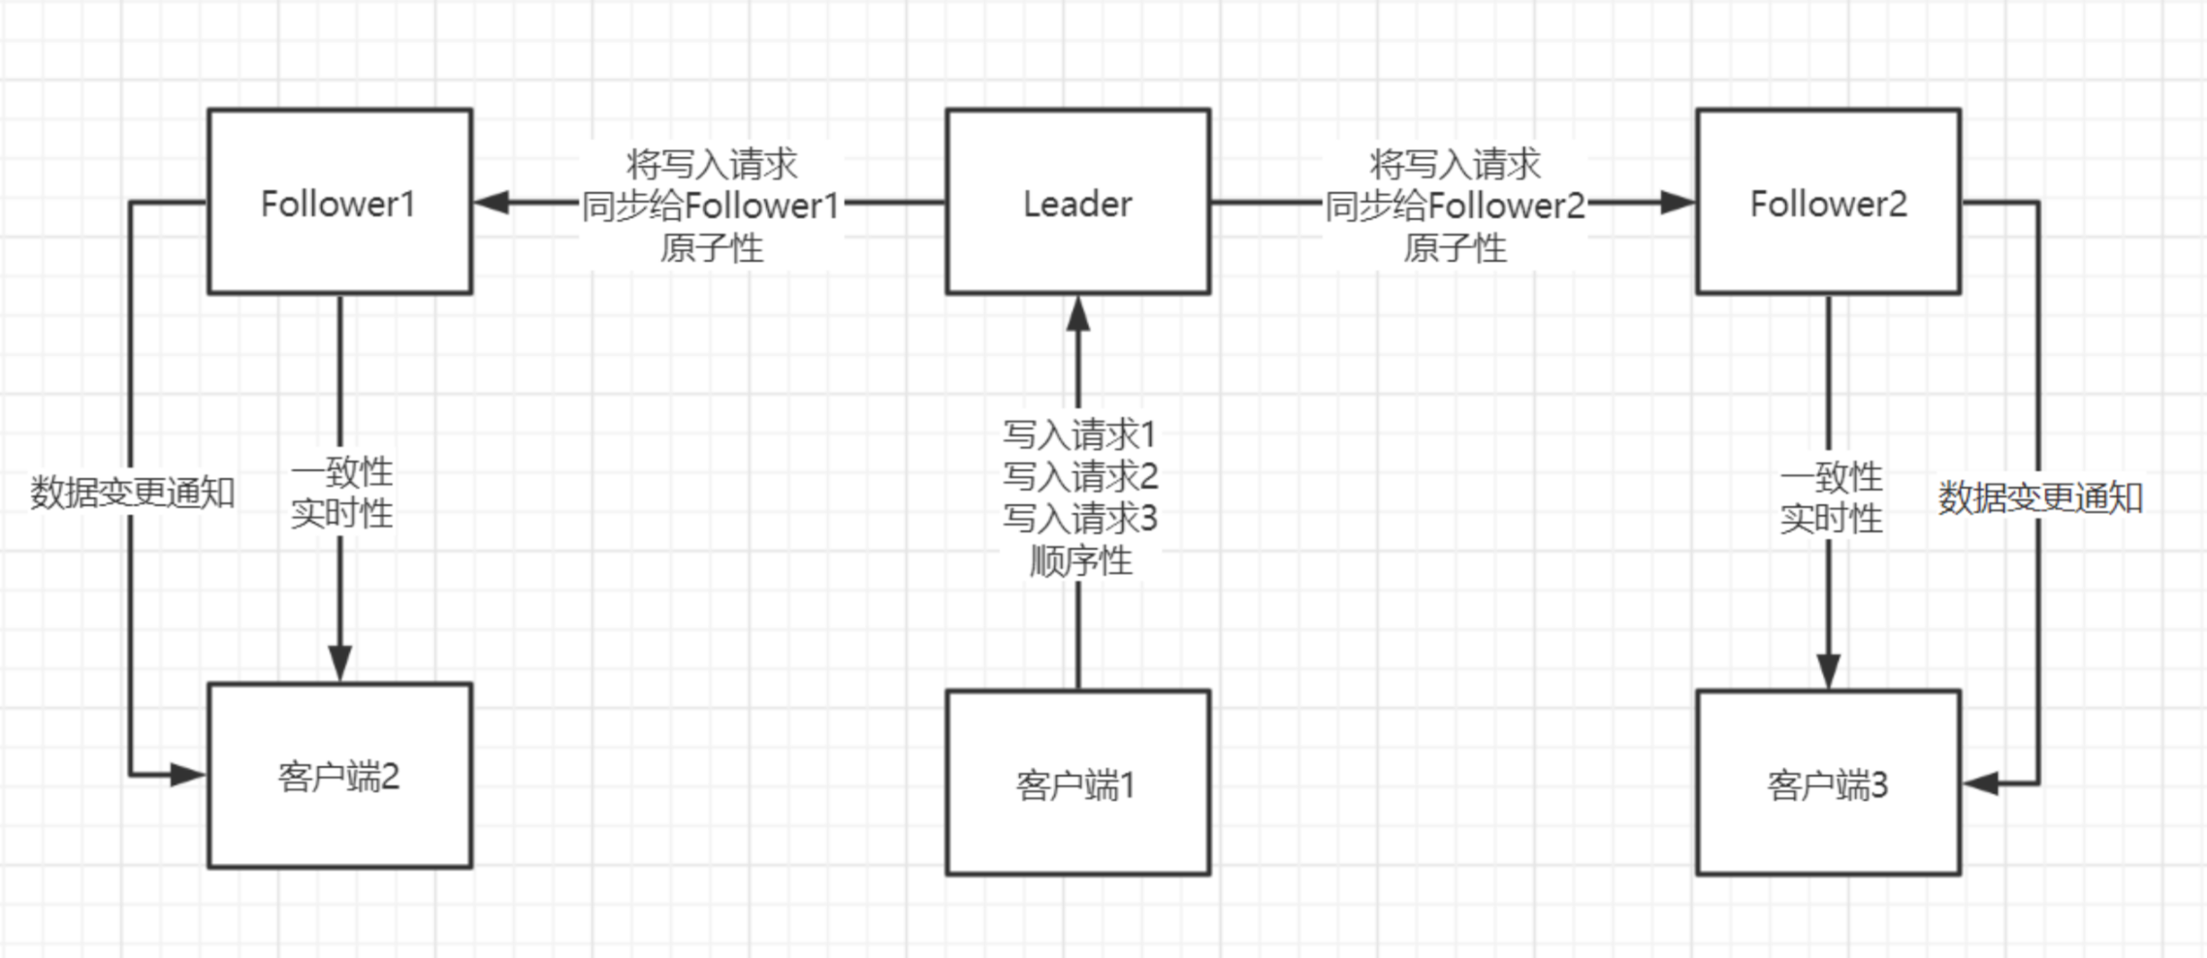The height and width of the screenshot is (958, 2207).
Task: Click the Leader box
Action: pyautogui.click(x=1077, y=202)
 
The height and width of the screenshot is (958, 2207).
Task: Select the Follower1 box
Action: pyautogui.click(x=339, y=202)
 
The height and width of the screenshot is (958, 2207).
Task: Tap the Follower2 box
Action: pyautogui.click(x=1828, y=202)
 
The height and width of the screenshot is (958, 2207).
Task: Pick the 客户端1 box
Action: pyautogui.click(x=1077, y=782)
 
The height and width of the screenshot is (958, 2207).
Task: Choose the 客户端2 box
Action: pyautogui.click(x=339, y=775)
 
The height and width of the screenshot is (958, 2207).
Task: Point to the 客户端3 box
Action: pyautogui.click(x=1828, y=782)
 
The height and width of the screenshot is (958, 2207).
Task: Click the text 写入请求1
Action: pyautogui.click(x=1079, y=434)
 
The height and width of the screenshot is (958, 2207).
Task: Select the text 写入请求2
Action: pyautogui.click(x=1079, y=476)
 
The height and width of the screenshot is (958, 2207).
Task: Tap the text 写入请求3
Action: pyautogui.click(x=1079, y=519)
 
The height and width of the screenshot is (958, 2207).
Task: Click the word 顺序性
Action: pyautogui.click(x=1079, y=560)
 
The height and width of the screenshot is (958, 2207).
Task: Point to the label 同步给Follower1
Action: pyautogui.click(x=711, y=206)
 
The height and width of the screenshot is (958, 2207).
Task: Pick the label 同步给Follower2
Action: pyautogui.click(x=1455, y=206)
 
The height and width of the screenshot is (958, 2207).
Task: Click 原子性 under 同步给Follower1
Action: pyautogui.click(x=711, y=248)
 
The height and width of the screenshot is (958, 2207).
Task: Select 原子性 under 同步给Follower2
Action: pyautogui.click(x=1455, y=248)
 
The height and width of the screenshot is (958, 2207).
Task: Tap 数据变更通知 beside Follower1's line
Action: pyautogui.click(x=133, y=493)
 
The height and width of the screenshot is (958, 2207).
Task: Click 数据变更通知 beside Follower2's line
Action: pyautogui.click(x=2040, y=497)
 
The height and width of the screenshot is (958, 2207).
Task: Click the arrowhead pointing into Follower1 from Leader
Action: pyautogui.click(x=492, y=202)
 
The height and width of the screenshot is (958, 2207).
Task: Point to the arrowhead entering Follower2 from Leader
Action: pyautogui.click(x=1678, y=202)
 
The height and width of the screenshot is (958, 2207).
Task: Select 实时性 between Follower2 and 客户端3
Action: pyautogui.click(x=1831, y=519)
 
